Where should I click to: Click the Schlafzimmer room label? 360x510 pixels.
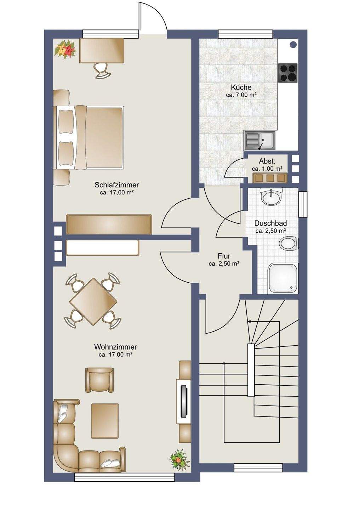pyautogui.click(x=117, y=185)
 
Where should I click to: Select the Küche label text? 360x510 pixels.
pyautogui.click(x=241, y=87)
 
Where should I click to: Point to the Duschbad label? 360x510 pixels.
pyautogui.click(x=270, y=223)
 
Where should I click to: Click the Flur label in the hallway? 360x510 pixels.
pyautogui.click(x=224, y=256)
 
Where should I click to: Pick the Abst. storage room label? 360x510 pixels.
pyautogui.click(x=267, y=161)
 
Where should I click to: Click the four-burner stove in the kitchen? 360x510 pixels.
pyautogui.click(x=288, y=73)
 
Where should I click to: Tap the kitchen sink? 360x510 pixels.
pyautogui.click(x=260, y=141)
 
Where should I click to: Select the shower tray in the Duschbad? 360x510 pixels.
pyautogui.click(x=283, y=278)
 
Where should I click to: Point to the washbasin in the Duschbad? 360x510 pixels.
pyautogui.click(x=271, y=196)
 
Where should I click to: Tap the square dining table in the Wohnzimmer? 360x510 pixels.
pyautogui.click(x=93, y=301)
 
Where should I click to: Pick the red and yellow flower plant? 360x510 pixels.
pyautogui.click(x=65, y=50)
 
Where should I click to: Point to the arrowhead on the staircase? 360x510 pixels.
pyautogui.click(x=250, y=322)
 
